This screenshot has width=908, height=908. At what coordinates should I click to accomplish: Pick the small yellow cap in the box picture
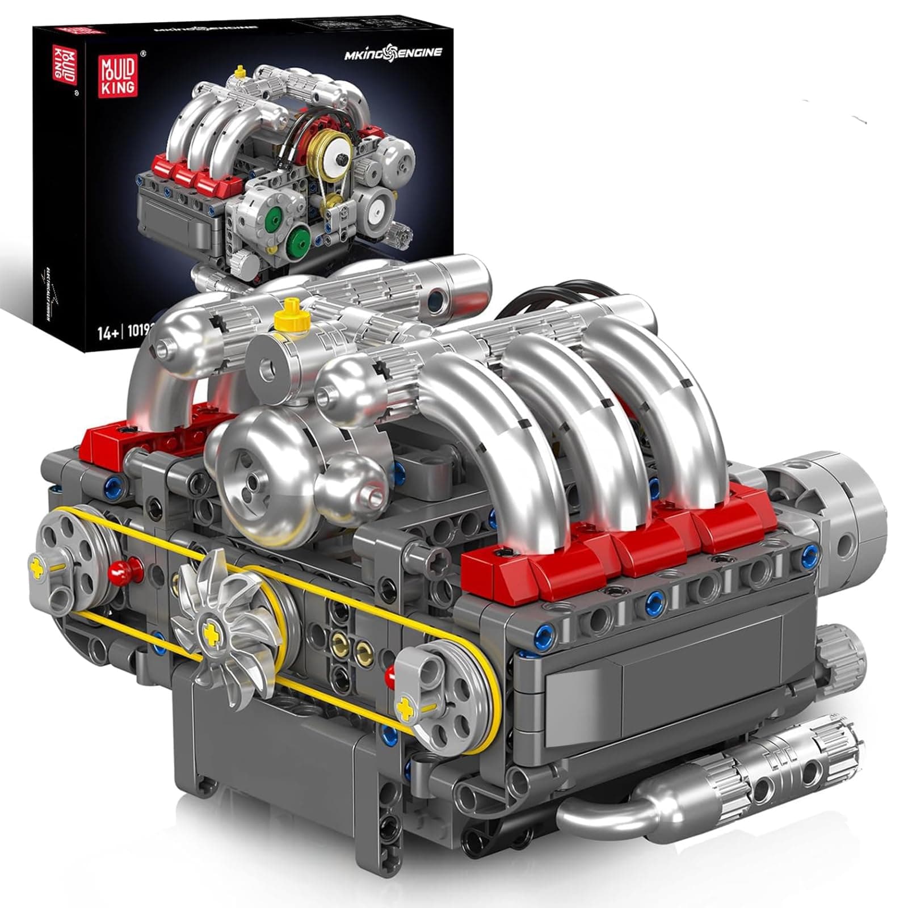point(239,71)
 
